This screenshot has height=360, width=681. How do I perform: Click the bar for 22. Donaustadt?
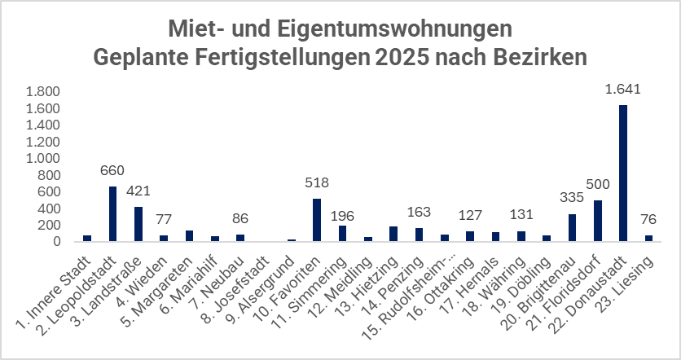click(623, 173)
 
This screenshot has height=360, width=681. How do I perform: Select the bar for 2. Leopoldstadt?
click(113, 213)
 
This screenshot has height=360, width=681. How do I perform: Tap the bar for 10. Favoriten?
click(317, 220)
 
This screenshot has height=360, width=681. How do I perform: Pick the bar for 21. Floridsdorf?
click(597, 221)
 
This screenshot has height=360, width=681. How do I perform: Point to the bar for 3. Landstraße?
click(138, 224)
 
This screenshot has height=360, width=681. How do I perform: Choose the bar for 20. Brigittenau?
click(572, 227)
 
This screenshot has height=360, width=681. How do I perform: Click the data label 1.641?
click(623, 90)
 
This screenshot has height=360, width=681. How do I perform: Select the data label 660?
click(113, 171)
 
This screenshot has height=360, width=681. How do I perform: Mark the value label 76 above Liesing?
click(648, 220)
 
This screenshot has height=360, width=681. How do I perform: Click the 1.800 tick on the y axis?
click(42, 92)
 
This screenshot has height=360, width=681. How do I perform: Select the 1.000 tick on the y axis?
click(42, 158)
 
